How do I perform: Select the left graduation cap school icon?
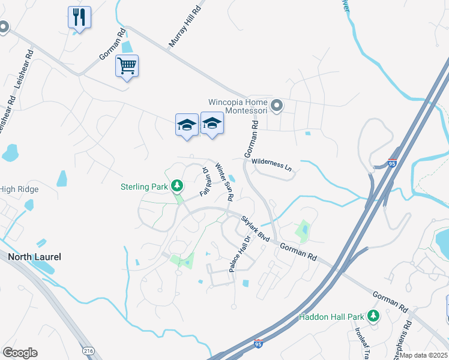[x=187, y=125]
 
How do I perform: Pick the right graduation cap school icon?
[x=211, y=123]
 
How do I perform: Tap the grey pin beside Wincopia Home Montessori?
[x=277, y=106]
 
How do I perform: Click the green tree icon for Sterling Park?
[x=177, y=186]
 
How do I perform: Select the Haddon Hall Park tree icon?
[x=373, y=316]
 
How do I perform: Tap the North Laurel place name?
[x=34, y=257]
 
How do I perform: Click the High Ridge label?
[x=19, y=190]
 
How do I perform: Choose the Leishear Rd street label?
[x=25, y=75]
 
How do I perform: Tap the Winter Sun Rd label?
[x=224, y=182]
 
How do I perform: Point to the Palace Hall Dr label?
[x=239, y=254]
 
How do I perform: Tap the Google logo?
[x=20, y=353]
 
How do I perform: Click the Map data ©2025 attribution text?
[x=424, y=355]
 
